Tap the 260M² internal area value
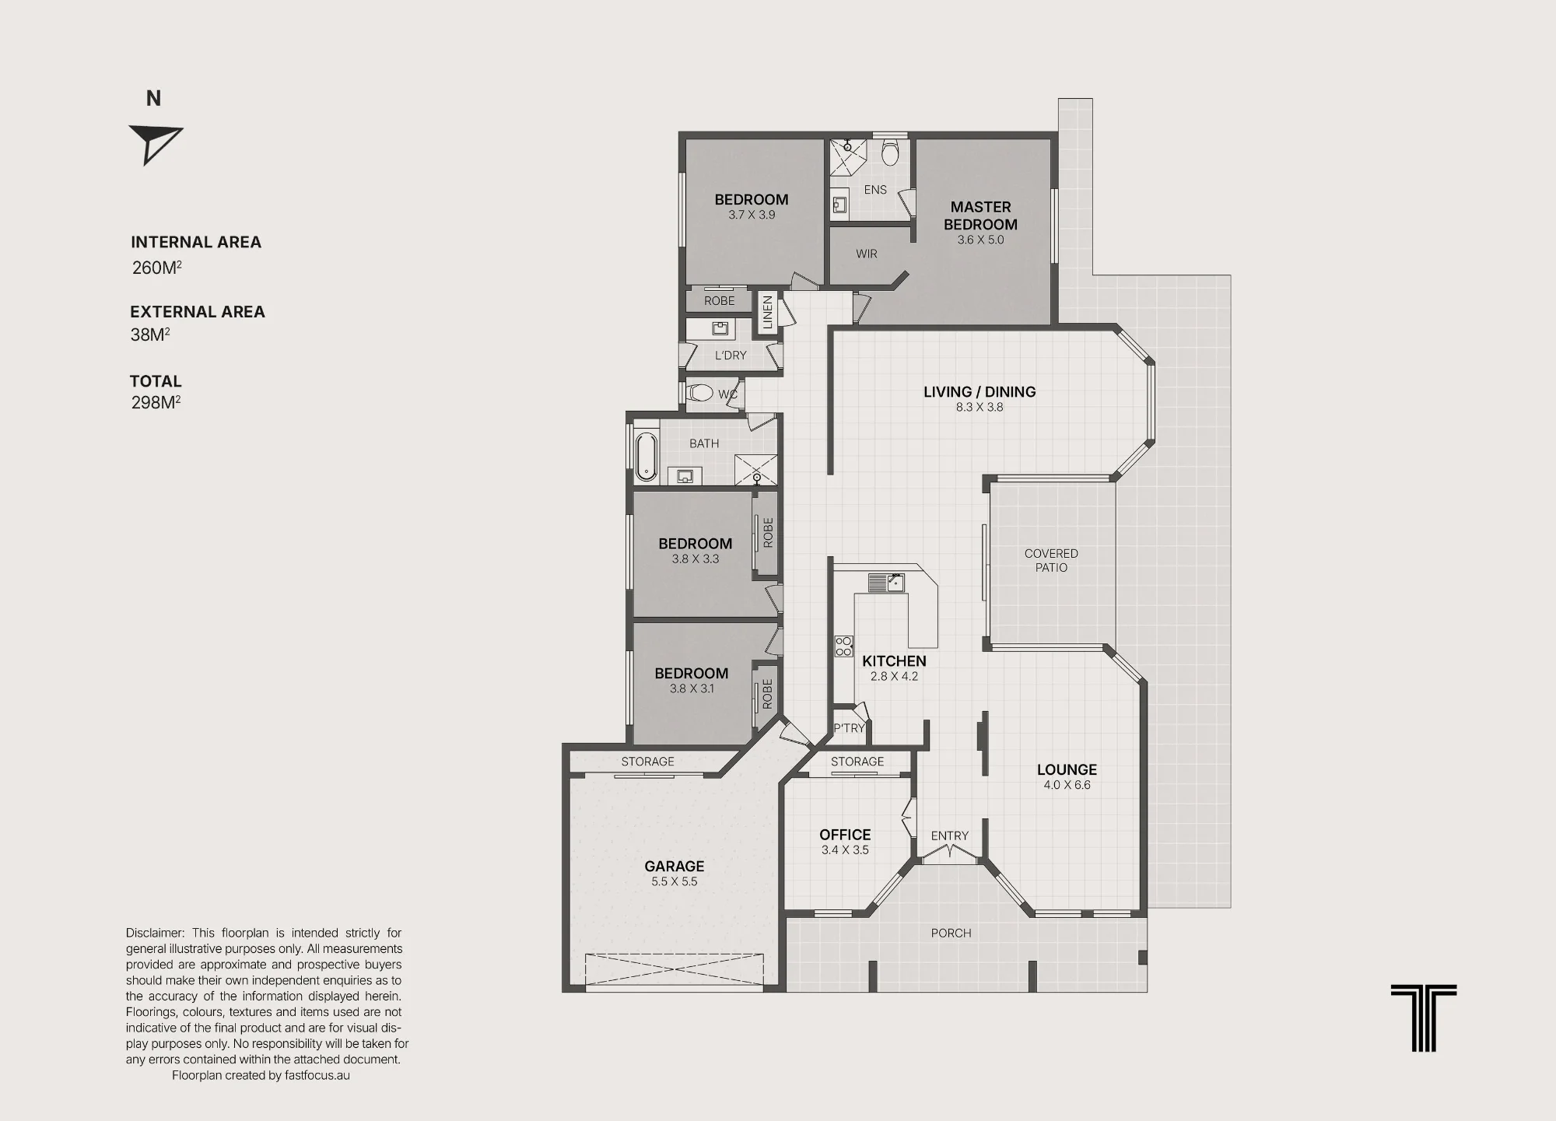pyautogui.click(x=157, y=267)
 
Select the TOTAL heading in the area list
pyautogui.click(x=156, y=381)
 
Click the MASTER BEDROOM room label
pyautogui.click(x=980, y=215)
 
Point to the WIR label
pyautogui.click(x=867, y=254)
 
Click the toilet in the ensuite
pyautogui.click(x=891, y=152)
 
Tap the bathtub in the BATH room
pyautogui.click(x=646, y=457)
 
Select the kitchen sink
pyautogui.click(x=887, y=583)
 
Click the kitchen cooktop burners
pyautogui.click(x=844, y=646)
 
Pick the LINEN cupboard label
pyautogui.click(x=768, y=312)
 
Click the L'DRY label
pyautogui.click(x=731, y=356)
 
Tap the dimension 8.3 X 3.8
pyautogui.click(x=980, y=407)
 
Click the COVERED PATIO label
pyautogui.click(x=1051, y=560)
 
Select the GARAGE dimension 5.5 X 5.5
pyautogui.click(x=675, y=881)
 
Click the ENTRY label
pyautogui.click(x=950, y=835)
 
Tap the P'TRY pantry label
pyautogui.click(x=849, y=728)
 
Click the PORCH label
pyautogui.click(x=951, y=933)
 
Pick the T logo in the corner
pyautogui.click(x=1424, y=1018)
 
